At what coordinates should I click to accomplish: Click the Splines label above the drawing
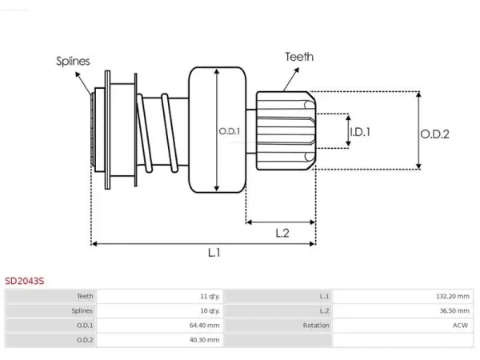pyautogui.click(x=73, y=62)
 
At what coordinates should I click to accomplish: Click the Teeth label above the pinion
pyautogui.click(x=299, y=57)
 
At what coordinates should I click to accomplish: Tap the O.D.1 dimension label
pyautogui.click(x=230, y=131)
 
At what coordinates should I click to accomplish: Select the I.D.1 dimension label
pyautogui.click(x=360, y=132)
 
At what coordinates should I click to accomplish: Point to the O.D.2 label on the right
pyautogui.click(x=434, y=134)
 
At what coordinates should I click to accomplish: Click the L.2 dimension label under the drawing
pyautogui.click(x=282, y=234)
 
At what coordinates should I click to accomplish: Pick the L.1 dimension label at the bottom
pyautogui.click(x=214, y=253)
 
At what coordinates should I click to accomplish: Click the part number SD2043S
pyautogui.click(x=25, y=281)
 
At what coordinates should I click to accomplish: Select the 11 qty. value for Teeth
pyautogui.click(x=210, y=296)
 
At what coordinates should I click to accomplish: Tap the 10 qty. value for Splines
pyautogui.click(x=210, y=311)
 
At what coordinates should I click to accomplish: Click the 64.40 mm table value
pyautogui.click(x=205, y=326)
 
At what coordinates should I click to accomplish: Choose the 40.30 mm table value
pyautogui.click(x=205, y=340)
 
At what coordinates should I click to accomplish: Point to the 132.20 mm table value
pyautogui.click(x=453, y=296)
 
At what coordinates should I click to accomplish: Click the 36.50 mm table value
pyautogui.click(x=454, y=311)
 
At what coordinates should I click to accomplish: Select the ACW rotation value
pyautogui.click(x=461, y=326)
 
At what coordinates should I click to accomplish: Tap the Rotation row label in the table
pyautogui.click(x=316, y=326)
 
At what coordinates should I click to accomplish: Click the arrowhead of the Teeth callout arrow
pyautogui.click(x=297, y=70)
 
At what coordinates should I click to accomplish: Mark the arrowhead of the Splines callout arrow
pyautogui.click(x=78, y=74)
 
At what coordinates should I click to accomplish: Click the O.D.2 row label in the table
pyautogui.click(x=85, y=340)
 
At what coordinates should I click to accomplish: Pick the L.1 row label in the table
pyautogui.click(x=325, y=296)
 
